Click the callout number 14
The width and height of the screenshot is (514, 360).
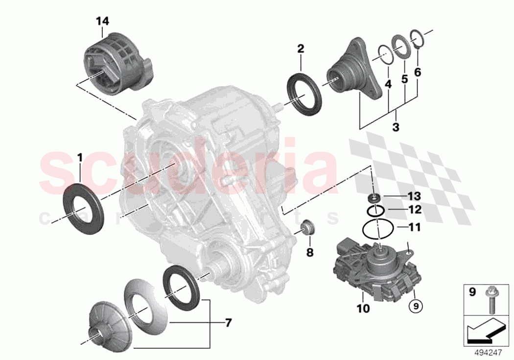click(x=103, y=21)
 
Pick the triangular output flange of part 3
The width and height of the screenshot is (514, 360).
click(x=350, y=73)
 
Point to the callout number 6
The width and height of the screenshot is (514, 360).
click(x=417, y=72)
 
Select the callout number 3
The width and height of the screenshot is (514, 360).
click(x=396, y=127)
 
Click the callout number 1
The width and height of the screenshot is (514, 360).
click(x=80, y=159)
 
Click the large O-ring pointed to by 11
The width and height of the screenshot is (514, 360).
click(x=377, y=228)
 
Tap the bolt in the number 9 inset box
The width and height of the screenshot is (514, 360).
click(x=490, y=299)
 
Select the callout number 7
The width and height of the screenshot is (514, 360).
click(x=229, y=323)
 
